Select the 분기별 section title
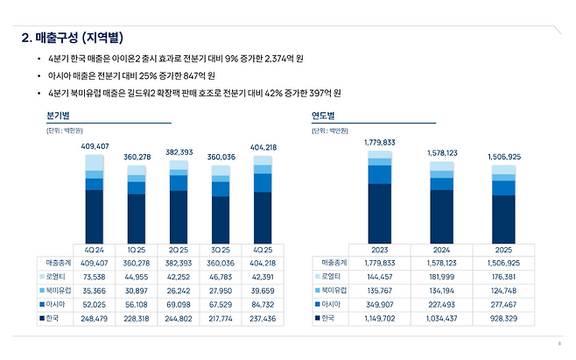[x=59, y=116]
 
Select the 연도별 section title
[x=323, y=116]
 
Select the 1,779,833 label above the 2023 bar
[x=379, y=141]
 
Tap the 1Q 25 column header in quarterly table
[x=136, y=249]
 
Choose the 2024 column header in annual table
[x=441, y=249]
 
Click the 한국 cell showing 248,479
[x=94, y=318]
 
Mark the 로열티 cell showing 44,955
[x=136, y=276]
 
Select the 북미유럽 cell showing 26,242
[x=178, y=290]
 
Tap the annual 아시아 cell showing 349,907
[x=379, y=304]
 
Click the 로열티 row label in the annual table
[x=333, y=276]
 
